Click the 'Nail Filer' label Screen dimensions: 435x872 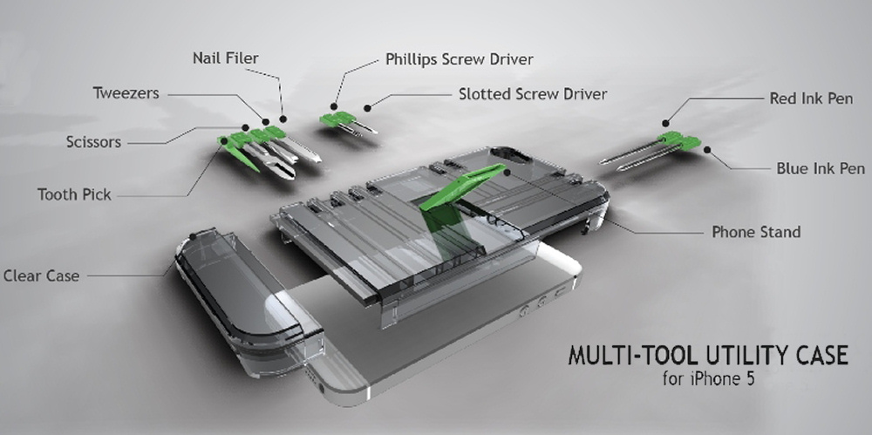coord(225,59)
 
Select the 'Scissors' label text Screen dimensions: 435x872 coord(93,141)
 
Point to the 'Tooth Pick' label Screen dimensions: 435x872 coord(74,194)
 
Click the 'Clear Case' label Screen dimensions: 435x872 coord(41,275)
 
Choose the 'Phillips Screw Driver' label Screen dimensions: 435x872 coord(460,60)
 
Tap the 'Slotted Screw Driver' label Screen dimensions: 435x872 coord(533,93)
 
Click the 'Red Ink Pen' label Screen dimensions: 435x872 coord(811,99)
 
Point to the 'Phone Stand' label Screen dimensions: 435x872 coord(756,232)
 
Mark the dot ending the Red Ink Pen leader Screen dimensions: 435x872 coord(665,123)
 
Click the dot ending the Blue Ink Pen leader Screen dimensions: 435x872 coord(707,150)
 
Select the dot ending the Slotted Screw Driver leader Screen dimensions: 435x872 coord(368,107)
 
